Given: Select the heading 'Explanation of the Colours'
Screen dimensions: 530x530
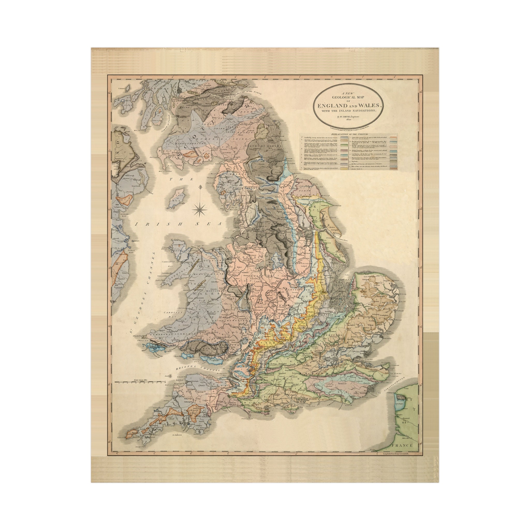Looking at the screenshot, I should pos(348,134).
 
